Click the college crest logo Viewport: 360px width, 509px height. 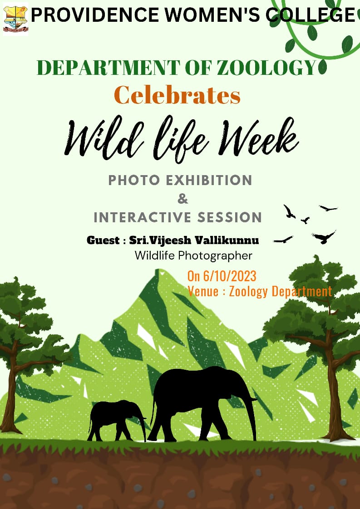pyautogui.click(x=15, y=19)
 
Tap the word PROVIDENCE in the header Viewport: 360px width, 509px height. pyautogui.click(x=95, y=15)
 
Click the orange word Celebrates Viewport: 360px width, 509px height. pyautogui.click(x=177, y=95)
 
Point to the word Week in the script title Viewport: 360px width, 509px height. pyautogui.click(x=258, y=137)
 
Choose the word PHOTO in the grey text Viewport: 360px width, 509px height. pyautogui.click(x=134, y=180)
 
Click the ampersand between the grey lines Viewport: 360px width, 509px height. pyautogui.click(x=182, y=199)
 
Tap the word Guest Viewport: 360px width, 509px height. pyautogui.click(x=103, y=240)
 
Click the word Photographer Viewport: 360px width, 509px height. pyautogui.click(x=216, y=256)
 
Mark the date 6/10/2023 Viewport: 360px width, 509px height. pyautogui.click(x=230, y=276)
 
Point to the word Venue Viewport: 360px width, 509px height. pyautogui.click(x=203, y=291)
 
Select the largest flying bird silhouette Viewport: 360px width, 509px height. pyautogui.click(x=324, y=237)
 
